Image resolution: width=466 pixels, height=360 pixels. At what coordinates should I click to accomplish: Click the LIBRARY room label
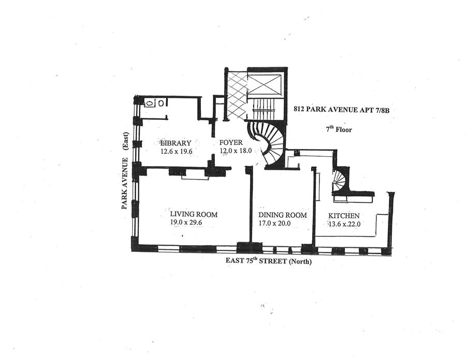[176, 143]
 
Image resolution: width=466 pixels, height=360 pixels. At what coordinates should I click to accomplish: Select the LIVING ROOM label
[194, 214]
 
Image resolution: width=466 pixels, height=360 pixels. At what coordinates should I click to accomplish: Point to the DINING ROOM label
[283, 215]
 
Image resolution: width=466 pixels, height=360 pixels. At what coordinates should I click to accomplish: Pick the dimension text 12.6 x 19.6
[176, 152]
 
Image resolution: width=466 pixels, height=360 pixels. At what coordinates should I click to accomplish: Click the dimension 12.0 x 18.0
[235, 151]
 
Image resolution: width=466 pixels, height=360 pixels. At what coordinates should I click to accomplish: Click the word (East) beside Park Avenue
[125, 140]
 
